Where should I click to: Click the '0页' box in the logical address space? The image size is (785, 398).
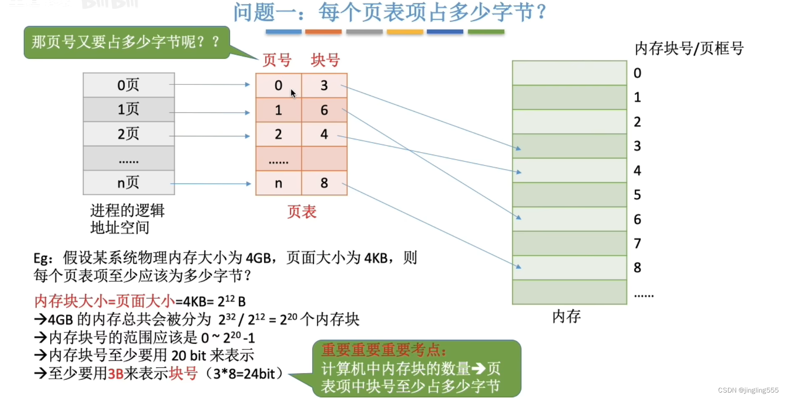[129, 85]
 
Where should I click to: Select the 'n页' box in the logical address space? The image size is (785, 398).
[129, 183]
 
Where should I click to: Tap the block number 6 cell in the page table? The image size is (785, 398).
[324, 110]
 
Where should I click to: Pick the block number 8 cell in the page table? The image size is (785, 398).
[324, 183]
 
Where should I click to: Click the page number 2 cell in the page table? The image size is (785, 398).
[278, 134]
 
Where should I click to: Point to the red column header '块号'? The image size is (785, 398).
[325, 60]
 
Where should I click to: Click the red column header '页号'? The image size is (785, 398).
[277, 60]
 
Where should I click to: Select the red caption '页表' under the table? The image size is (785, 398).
[302, 212]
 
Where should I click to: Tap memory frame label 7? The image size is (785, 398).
[637, 243]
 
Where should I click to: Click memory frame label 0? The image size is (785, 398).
[637, 73]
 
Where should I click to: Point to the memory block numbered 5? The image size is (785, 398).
[569, 195]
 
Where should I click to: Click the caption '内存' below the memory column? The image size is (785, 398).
[566, 316]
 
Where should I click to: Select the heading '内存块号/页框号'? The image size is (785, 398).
[689, 48]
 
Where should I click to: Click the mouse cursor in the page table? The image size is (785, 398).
[293, 93]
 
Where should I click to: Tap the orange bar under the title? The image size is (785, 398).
[323, 32]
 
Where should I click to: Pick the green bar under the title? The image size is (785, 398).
[486, 32]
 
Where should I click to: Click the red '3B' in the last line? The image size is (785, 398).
[115, 373]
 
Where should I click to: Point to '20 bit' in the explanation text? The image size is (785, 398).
[189, 355]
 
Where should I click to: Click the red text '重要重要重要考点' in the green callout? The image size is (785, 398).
[384, 350]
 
